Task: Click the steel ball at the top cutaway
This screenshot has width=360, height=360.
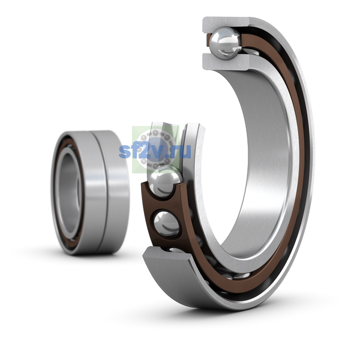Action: (226, 43)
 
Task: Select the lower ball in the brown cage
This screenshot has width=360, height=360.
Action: (167, 224)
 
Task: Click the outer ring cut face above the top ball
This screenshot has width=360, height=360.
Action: (226, 24)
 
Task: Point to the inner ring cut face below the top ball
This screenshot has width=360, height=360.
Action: (226, 62)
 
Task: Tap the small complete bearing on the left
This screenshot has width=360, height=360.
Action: (90, 193)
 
